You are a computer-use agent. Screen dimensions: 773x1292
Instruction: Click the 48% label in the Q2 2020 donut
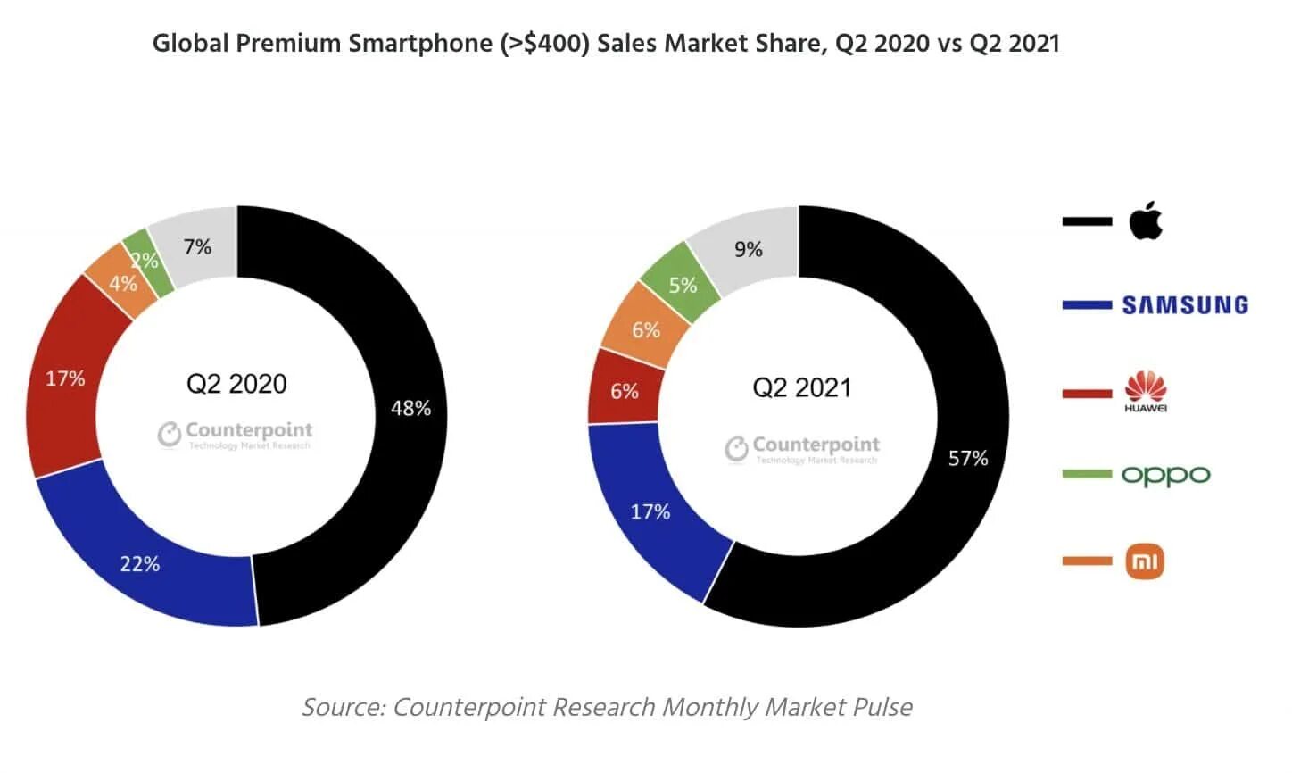tap(410, 408)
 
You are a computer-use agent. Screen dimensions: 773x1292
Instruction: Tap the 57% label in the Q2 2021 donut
tap(968, 458)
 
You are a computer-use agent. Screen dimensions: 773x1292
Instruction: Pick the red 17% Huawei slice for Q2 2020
tap(64, 379)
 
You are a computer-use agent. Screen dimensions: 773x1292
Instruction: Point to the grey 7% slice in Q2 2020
tap(198, 246)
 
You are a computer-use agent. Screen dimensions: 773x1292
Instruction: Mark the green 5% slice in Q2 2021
tap(682, 284)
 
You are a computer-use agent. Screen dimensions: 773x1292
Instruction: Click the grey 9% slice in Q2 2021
tap(749, 249)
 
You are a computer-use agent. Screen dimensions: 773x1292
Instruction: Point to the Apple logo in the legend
tap(1146, 220)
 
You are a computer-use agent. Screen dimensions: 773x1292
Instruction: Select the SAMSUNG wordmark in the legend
tap(1184, 305)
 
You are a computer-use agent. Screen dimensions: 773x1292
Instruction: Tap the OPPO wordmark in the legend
tap(1165, 475)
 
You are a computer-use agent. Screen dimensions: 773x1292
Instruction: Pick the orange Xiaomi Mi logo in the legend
tap(1145, 561)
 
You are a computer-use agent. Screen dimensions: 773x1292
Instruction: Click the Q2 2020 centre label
tap(236, 384)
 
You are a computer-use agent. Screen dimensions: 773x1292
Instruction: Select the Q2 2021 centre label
tap(801, 387)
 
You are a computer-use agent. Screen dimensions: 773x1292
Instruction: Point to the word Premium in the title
tap(287, 43)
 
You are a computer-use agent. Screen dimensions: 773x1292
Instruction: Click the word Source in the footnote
tap(343, 707)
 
